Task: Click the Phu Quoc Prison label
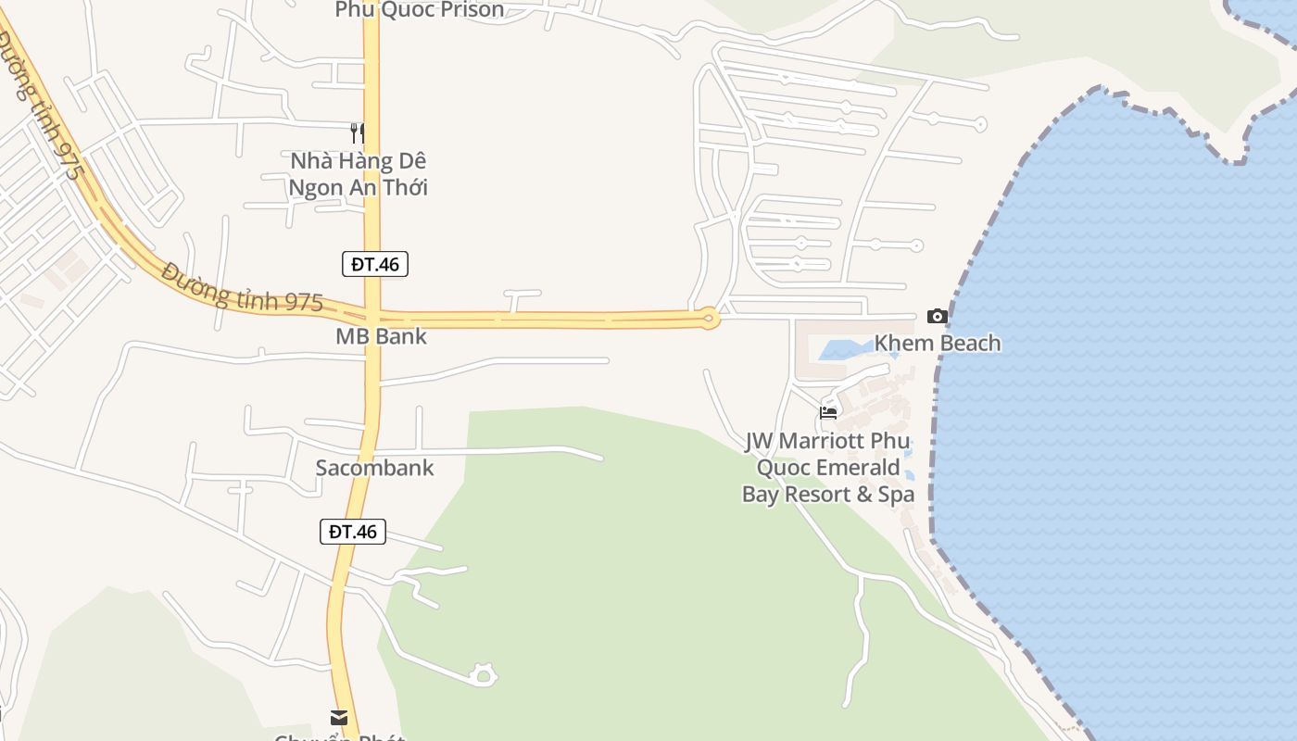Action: point(420,10)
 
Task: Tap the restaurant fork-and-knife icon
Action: point(358,133)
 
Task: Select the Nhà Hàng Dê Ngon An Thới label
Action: point(358,173)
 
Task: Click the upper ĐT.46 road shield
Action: point(375,264)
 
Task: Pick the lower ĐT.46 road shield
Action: point(353,532)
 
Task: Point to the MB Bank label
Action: point(381,336)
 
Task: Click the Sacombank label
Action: point(374,468)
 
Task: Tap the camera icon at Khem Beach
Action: point(938,317)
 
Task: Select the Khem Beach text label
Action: point(938,344)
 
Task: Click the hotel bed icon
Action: point(828,413)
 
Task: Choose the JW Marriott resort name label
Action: point(828,468)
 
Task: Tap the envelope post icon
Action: point(339,718)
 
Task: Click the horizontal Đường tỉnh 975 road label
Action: point(243,287)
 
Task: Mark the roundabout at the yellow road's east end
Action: point(710,319)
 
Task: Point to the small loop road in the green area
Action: point(483,675)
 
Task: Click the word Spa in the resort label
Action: point(896,495)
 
